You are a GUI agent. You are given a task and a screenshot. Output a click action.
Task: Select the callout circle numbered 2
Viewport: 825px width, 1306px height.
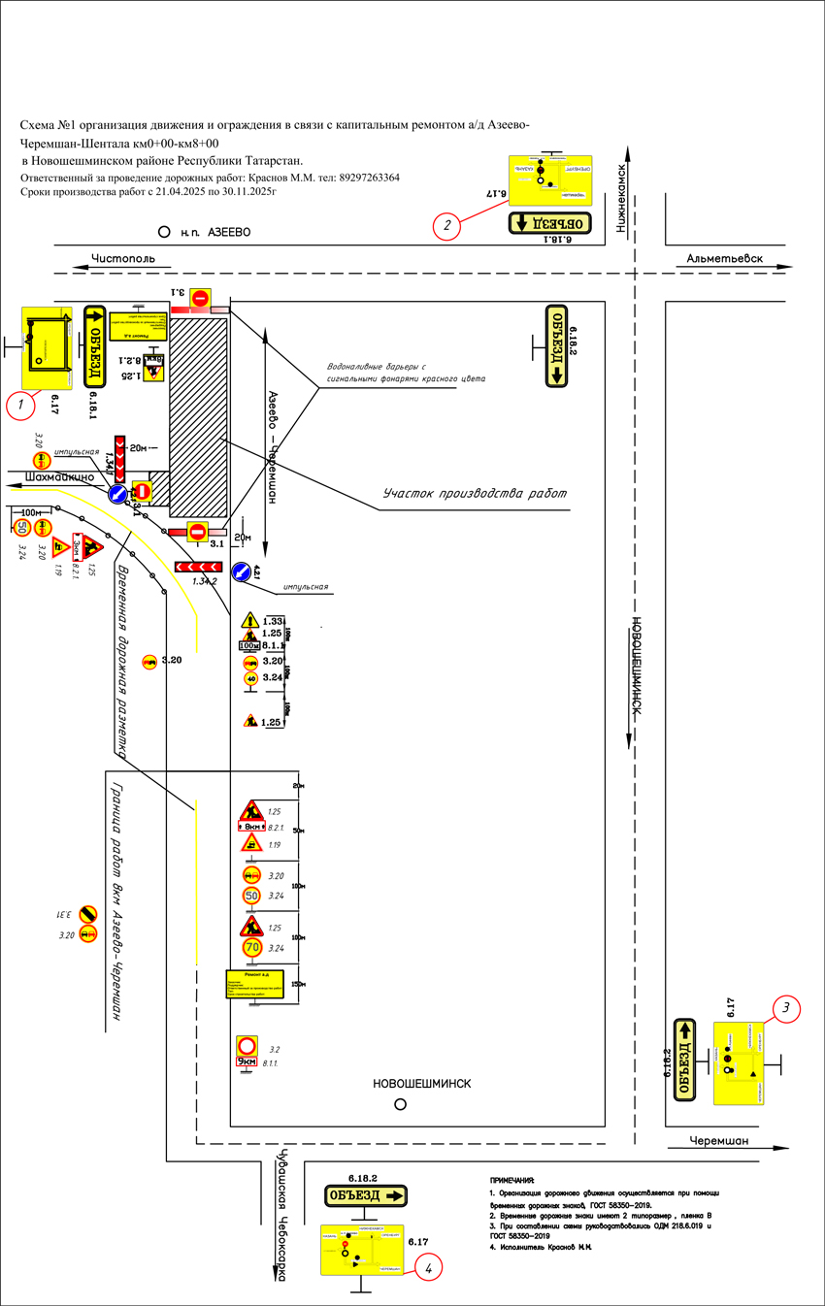coord(447,227)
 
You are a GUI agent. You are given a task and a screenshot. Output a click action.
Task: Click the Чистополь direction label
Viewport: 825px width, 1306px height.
coord(123,259)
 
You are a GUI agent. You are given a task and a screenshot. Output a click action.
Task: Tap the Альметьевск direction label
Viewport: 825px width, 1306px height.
coord(724,259)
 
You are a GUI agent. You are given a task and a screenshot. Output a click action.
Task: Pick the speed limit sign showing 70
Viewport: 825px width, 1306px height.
coord(251,947)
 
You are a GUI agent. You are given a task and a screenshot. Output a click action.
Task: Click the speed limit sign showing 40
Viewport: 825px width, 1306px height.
coord(250,678)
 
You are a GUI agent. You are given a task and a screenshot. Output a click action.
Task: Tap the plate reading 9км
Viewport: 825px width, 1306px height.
coord(247,1062)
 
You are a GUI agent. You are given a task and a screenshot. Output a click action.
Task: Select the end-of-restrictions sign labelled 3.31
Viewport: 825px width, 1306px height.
coord(88,914)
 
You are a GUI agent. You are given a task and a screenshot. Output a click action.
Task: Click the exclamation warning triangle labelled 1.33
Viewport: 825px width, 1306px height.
coord(250,620)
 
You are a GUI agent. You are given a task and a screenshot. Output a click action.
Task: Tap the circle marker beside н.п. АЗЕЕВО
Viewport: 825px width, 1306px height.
coord(163,233)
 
